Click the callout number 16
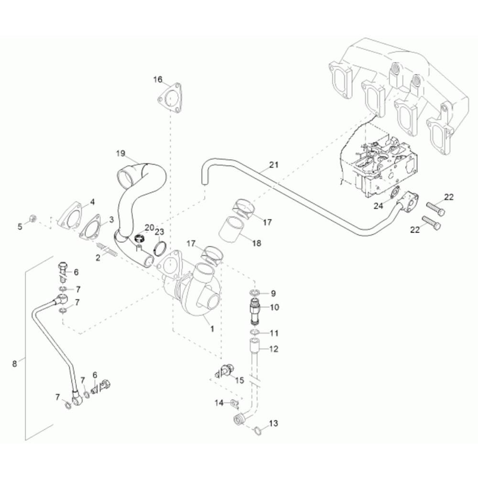[158, 79]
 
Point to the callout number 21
[273, 165]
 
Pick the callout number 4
[93, 201]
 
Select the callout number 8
[14, 364]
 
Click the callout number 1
[212, 329]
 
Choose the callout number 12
[273, 349]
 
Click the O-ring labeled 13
[257, 430]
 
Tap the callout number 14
[219, 403]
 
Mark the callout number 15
[239, 380]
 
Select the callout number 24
[379, 206]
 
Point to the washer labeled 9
[253, 293]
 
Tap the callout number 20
[149, 228]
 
